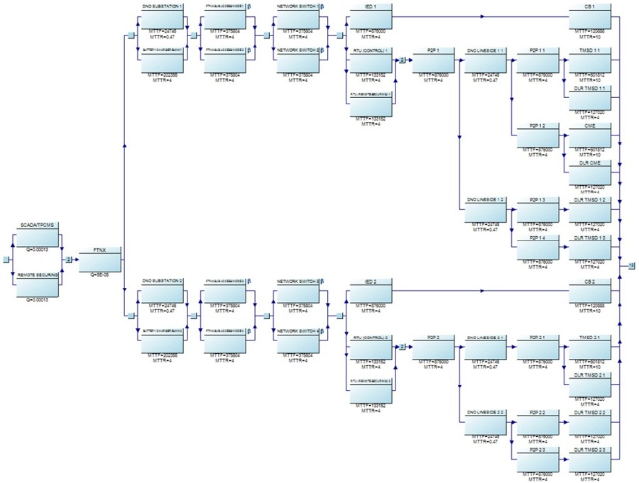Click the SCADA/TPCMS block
pyautogui.click(x=37, y=233)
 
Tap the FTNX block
pyautogui.click(x=99, y=259)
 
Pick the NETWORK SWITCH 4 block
pyautogui.click(x=298, y=340)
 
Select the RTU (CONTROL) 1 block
pyautogui.click(x=369, y=60)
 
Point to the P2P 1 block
pyautogui.click(x=432, y=60)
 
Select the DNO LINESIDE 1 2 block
pyautogui.click(x=486, y=210)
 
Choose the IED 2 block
pyautogui.click(x=369, y=292)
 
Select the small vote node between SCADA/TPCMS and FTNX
pyautogui.click(x=69, y=260)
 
